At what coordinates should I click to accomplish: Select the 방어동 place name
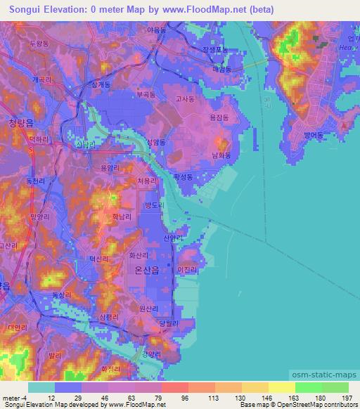(x=312, y=134)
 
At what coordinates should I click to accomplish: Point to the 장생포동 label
(x=215, y=50)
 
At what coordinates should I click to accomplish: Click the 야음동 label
(x=157, y=30)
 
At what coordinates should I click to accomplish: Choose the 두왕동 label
(x=39, y=44)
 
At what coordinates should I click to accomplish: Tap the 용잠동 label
(x=219, y=119)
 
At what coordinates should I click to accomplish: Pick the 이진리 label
(x=186, y=270)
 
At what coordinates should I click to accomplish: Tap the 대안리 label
(x=17, y=327)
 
